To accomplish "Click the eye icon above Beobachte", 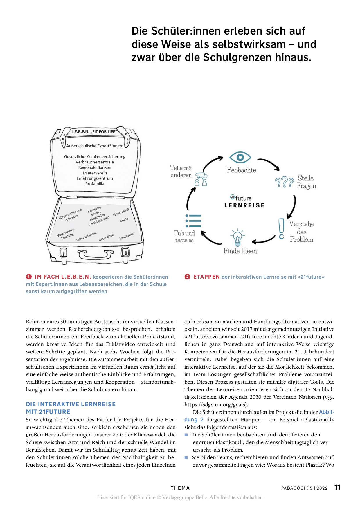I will (240, 157).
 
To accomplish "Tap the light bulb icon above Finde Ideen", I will (237, 237).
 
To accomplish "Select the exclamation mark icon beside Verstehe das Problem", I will (281, 229).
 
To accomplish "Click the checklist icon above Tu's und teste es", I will (193, 221).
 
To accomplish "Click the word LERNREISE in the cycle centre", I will (244, 205).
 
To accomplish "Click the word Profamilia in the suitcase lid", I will (95, 184).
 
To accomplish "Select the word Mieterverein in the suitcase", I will (95, 173).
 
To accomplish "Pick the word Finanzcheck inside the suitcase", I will (121, 212).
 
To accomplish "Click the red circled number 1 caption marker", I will (29, 277).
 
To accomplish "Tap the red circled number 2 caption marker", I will (187, 277).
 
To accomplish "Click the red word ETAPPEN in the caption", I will (206, 277).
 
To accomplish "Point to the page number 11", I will (337, 487).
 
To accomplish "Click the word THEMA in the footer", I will (180, 488).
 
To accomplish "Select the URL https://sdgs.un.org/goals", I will (216, 405).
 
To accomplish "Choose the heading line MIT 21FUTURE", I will (48, 412).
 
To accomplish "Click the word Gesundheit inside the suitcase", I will (106, 237).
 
